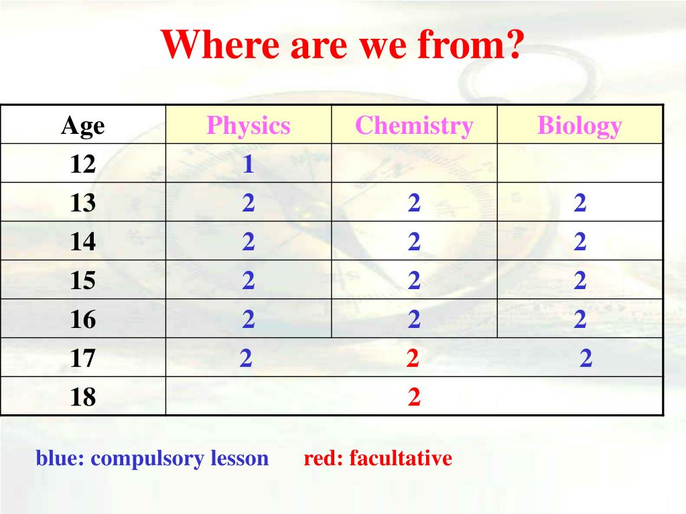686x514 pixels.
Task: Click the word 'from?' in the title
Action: click(x=470, y=44)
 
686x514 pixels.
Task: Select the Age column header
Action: click(x=82, y=126)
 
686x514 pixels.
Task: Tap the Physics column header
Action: click(x=249, y=126)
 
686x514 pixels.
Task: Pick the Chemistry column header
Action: click(x=414, y=126)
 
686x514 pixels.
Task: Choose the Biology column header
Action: click(x=579, y=126)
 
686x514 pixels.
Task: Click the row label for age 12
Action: click(x=82, y=165)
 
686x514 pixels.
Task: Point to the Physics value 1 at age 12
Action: click(x=248, y=165)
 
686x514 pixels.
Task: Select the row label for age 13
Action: click(x=82, y=203)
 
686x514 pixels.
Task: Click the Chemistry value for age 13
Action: click(x=414, y=203)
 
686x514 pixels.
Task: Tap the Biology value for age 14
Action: click(x=579, y=242)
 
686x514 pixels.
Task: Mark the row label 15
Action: click(x=82, y=280)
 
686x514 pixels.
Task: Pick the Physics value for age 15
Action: click(x=248, y=280)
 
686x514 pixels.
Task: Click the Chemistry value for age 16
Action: click(x=414, y=319)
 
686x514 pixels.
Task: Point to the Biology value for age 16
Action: click(x=579, y=319)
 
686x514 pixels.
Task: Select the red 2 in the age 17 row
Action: click(x=413, y=358)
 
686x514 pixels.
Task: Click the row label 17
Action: click(x=82, y=358)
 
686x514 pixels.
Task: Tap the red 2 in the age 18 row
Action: click(x=414, y=397)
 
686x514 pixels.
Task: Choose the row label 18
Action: click(x=82, y=397)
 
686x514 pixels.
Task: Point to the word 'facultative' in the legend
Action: click(x=401, y=458)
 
